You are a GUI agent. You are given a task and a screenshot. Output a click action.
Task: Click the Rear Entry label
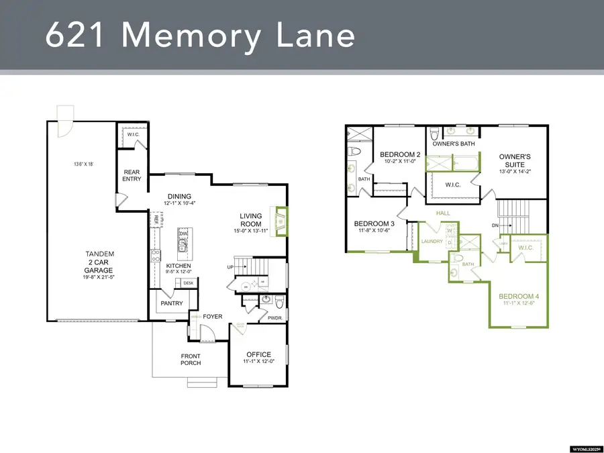point(132,176)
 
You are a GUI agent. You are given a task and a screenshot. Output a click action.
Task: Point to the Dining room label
point(179,196)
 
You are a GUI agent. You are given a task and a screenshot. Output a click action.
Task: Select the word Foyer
point(213,317)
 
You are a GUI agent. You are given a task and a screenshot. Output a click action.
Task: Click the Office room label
point(258,354)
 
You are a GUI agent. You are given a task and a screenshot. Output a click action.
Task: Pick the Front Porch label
point(191,360)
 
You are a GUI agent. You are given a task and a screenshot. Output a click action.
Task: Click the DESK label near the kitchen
point(188,283)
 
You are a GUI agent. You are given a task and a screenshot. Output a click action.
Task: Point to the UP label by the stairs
point(230,266)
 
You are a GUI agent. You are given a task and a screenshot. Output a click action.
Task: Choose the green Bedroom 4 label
point(519,296)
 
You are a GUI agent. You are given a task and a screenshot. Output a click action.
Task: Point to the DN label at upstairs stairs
point(496,225)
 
